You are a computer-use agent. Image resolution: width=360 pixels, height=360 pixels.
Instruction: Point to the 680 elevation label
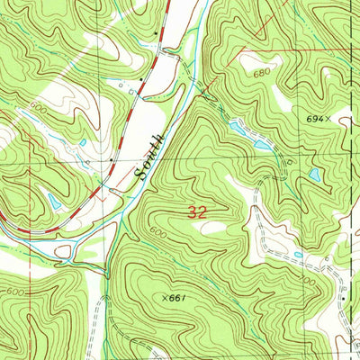coord(262,71)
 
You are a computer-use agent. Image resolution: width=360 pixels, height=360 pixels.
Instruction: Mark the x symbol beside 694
coord(329,117)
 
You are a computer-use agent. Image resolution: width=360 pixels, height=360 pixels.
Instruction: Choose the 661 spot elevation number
coord(182,298)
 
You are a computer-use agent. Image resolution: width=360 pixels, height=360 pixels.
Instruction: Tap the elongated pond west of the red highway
coord(55,203)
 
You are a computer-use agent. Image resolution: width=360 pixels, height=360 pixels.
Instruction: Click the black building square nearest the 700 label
coord(344,295)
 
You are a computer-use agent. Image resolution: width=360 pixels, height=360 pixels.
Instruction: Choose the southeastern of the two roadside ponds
coord(261,144)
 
